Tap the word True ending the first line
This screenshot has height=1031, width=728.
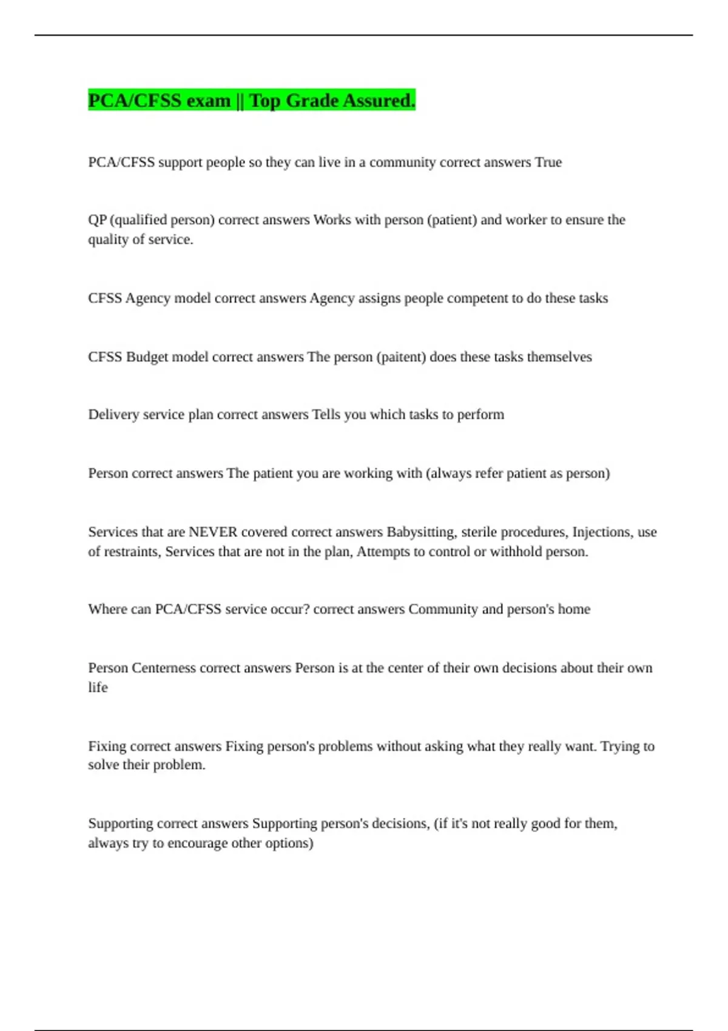coord(548,163)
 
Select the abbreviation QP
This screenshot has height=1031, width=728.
coord(97,220)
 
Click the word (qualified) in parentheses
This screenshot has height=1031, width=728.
coord(138,220)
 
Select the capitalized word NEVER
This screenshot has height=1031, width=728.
coord(213,532)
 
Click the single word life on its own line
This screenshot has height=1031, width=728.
coord(98,687)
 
